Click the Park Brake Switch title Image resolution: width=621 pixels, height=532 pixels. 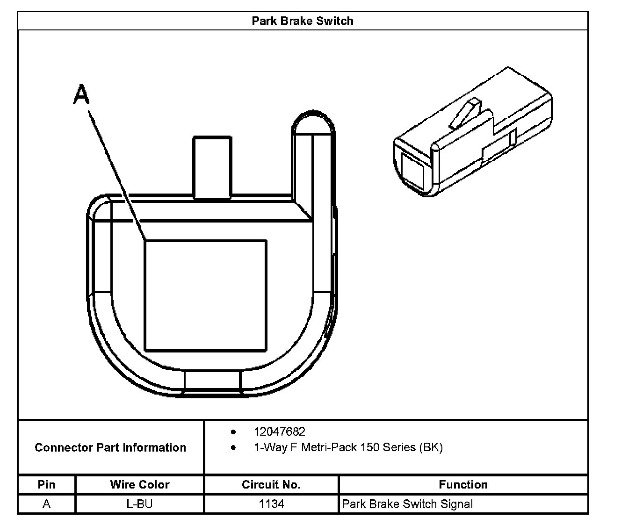point(303,21)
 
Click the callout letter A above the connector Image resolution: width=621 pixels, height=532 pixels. point(81,95)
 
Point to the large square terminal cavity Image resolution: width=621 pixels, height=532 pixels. point(206,295)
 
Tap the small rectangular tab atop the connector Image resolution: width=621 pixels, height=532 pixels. point(212,167)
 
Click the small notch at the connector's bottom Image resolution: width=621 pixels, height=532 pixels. point(212,381)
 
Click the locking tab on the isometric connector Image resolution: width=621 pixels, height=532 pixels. point(465,114)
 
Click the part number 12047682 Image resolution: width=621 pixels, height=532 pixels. point(279,432)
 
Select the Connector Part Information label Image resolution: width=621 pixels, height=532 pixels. point(110,448)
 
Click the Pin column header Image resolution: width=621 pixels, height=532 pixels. point(46,485)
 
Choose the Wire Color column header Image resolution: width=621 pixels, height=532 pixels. point(140,485)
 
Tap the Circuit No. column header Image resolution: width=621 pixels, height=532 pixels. point(271,485)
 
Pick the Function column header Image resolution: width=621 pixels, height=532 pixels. point(463,485)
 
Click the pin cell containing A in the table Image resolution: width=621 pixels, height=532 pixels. point(46,504)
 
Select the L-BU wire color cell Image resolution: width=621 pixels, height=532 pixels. point(140,504)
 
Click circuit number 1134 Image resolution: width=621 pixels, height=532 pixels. point(271,504)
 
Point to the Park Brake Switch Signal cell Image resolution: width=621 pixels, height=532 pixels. point(407,504)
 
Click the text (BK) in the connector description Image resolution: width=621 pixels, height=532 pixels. point(431,448)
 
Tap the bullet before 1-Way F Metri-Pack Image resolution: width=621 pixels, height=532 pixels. point(233,448)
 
